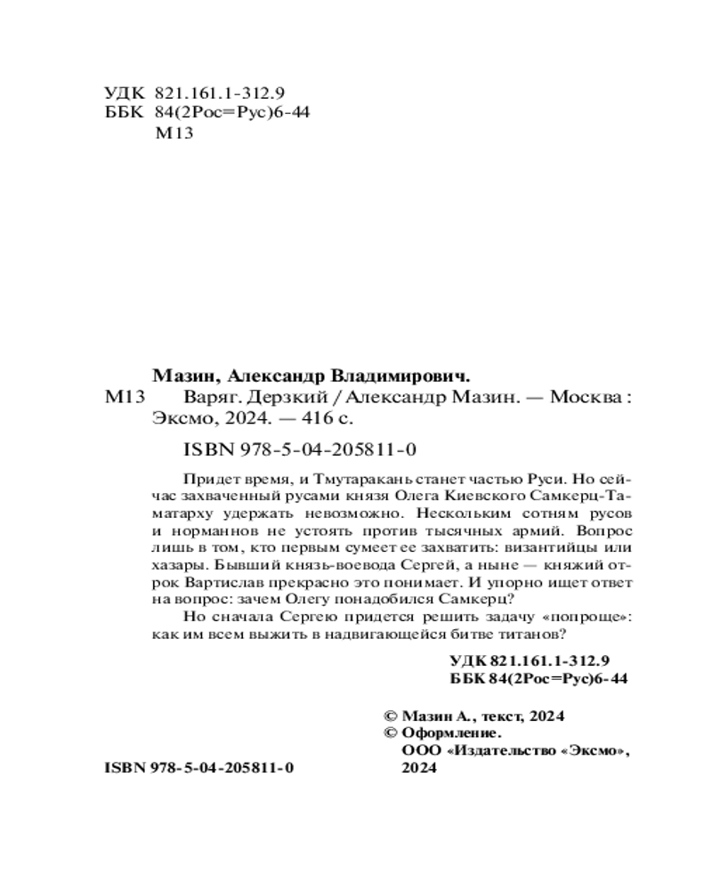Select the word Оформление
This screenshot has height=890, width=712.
(x=450, y=732)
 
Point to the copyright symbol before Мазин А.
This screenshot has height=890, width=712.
(x=390, y=716)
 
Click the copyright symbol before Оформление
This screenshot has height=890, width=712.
(x=390, y=732)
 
